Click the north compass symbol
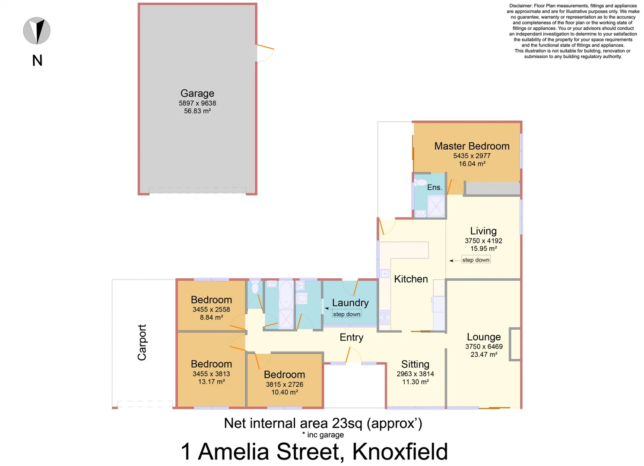(x=37, y=31)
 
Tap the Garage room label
(x=197, y=93)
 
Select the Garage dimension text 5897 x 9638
(x=197, y=103)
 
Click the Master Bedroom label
(x=472, y=146)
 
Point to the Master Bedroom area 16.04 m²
(x=472, y=164)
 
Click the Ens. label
(x=435, y=187)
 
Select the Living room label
(x=483, y=231)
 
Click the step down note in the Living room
(x=476, y=260)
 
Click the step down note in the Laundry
(x=346, y=314)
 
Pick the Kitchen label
(x=411, y=279)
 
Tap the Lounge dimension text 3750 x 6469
(x=484, y=346)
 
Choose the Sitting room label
(x=415, y=364)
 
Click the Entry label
(x=351, y=337)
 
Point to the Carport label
(x=142, y=343)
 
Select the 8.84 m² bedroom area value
(x=211, y=318)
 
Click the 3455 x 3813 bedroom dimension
(x=211, y=374)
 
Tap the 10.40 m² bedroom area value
(x=284, y=392)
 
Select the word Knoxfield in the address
(x=400, y=452)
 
